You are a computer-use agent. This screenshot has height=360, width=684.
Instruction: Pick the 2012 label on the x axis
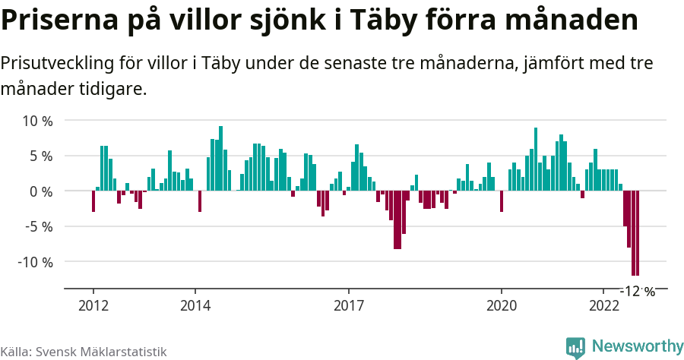pos(93,306)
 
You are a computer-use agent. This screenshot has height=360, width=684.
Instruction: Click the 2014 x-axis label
pos(195,306)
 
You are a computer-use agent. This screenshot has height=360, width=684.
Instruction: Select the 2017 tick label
pos(348,306)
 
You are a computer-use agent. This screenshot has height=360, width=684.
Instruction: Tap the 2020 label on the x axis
pos(502,306)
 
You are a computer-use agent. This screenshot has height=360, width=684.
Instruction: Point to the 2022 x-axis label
pos(603,306)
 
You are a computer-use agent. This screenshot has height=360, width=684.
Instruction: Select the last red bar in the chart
pos(638,232)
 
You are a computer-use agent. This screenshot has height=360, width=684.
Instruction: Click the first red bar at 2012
pos(93,201)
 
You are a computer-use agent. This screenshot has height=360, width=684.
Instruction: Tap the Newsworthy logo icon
pos(575,348)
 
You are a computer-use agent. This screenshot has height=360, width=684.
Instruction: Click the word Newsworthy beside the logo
pos(637,347)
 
